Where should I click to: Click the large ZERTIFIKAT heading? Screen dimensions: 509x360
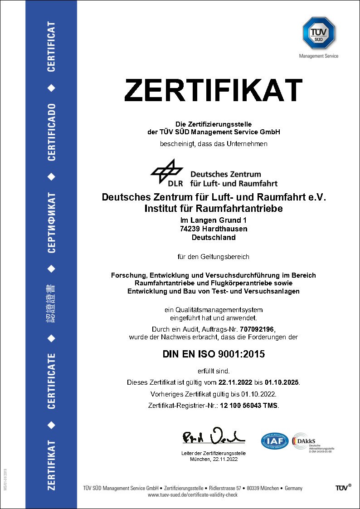(x=213, y=90)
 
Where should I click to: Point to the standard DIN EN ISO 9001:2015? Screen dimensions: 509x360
(x=213, y=354)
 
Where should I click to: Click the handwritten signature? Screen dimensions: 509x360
(x=213, y=436)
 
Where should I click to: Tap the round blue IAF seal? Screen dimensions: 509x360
(x=274, y=440)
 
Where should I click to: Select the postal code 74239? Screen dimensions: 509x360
(x=191, y=229)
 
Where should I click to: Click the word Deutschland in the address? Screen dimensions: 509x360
(x=214, y=237)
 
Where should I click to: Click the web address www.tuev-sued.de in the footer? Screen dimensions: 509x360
(x=193, y=495)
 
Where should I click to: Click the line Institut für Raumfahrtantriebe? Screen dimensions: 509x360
(x=214, y=209)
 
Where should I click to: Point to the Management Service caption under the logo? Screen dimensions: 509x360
(x=319, y=56)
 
